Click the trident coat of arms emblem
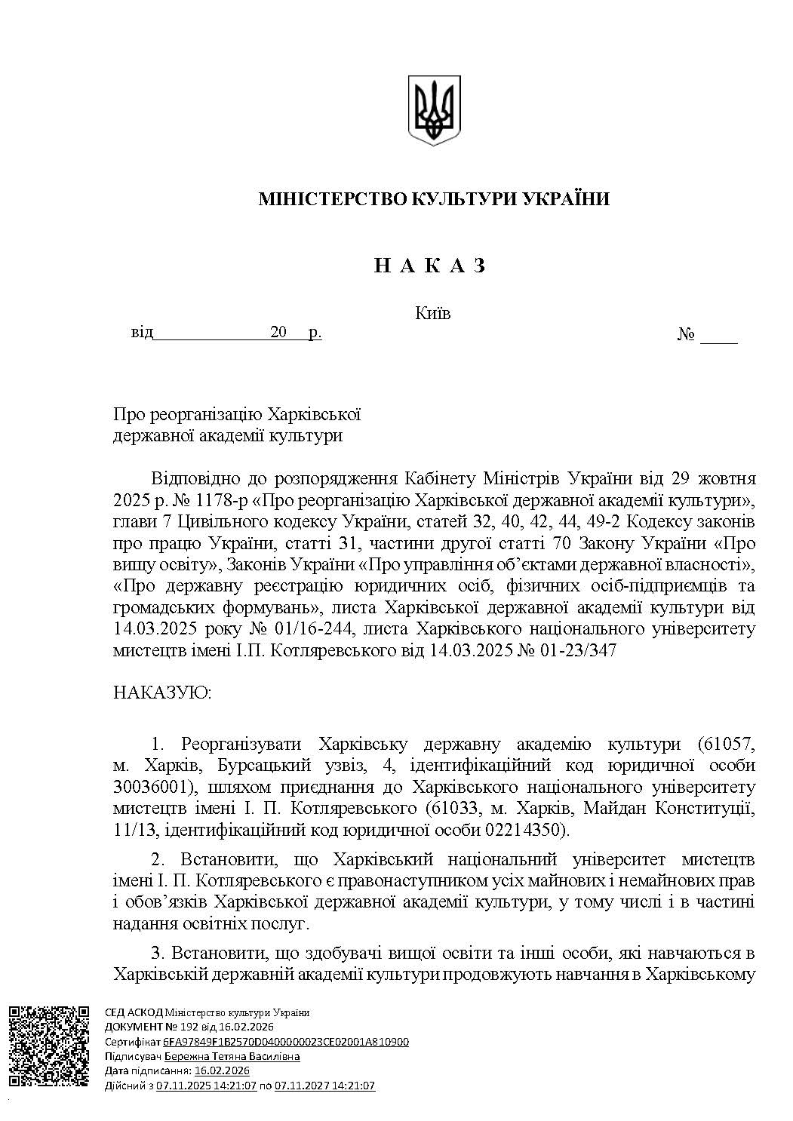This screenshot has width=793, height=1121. (434, 110)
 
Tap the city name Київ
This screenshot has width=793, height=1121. (433, 313)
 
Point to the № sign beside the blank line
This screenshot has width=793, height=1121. (685, 334)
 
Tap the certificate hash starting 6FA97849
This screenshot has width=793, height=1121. (286, 1042)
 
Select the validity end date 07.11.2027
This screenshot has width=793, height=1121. (300, 1086)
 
